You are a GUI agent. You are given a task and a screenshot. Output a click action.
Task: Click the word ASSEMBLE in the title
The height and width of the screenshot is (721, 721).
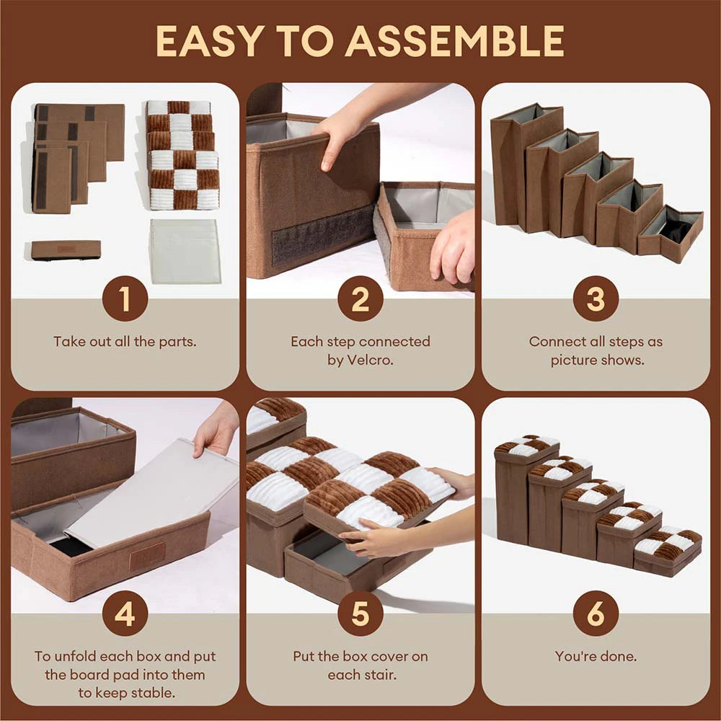click(454, 41)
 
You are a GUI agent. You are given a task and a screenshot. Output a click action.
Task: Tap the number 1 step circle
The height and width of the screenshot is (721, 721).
click(125, 298)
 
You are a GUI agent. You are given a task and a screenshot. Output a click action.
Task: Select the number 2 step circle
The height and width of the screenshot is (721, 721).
click(360, 298)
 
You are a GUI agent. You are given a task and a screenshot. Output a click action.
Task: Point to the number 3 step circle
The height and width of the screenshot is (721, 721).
click(596, 298)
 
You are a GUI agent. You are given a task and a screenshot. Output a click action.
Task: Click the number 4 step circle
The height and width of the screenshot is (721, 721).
click(125, 614)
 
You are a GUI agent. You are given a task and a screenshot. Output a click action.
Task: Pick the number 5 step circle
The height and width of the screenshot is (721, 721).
click(360, 614)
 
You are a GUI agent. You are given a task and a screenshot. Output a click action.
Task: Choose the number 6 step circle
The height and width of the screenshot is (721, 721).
click(596, 614)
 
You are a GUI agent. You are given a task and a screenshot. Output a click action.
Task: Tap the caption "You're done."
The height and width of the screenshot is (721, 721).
click(596, 656)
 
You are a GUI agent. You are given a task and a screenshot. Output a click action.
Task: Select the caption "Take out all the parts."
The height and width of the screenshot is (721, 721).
click(125, 341)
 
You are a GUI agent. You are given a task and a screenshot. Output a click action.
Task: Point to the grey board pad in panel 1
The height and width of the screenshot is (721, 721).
click(185, 252)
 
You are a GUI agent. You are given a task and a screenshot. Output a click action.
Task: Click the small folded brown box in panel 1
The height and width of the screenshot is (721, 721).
click(66, 249)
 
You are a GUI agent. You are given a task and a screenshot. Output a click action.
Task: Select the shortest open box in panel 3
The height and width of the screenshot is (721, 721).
click(671, 234)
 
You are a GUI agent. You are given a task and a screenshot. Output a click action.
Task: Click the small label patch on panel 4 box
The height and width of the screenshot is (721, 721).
click(147, 557)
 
